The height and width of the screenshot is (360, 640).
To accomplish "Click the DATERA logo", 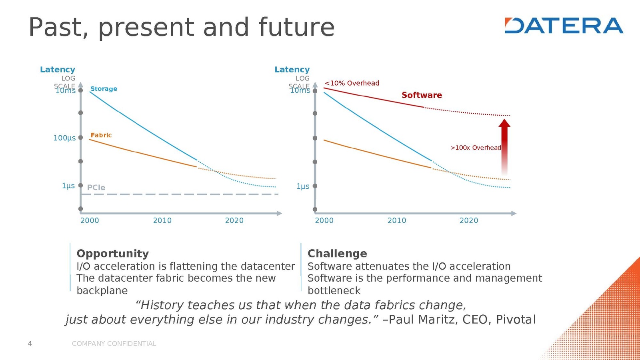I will click(564, 25).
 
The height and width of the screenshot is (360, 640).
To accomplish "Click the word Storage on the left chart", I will click(104, 89).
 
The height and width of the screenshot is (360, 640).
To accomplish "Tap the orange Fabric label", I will click(101, 135).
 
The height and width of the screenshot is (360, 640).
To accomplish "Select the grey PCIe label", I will click(96, 188).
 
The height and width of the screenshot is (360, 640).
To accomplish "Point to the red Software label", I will click(422, 95).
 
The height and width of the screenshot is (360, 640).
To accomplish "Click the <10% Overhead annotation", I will click(352, 83).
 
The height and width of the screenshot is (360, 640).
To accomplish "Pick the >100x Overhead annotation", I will click(476, 148).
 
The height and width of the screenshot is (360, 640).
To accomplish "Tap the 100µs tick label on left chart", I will click(64, 138).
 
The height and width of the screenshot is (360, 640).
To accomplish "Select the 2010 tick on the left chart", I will click(162, 220).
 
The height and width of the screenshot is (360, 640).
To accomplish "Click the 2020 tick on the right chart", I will click(468, 220).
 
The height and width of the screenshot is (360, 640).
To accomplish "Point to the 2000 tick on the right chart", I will click(324, 220).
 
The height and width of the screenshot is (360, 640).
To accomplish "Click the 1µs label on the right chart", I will click(303, 186).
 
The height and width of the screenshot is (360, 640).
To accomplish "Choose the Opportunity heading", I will click(112, 254).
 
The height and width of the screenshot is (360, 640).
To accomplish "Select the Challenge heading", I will click(337, 254).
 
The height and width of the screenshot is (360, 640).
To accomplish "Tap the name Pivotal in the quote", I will click(516, 320).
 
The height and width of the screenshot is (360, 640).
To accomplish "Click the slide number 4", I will click(30, 344).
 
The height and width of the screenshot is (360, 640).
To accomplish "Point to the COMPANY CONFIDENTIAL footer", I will click(114, 344).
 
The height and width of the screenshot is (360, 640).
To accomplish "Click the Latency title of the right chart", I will click(292, 70).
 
